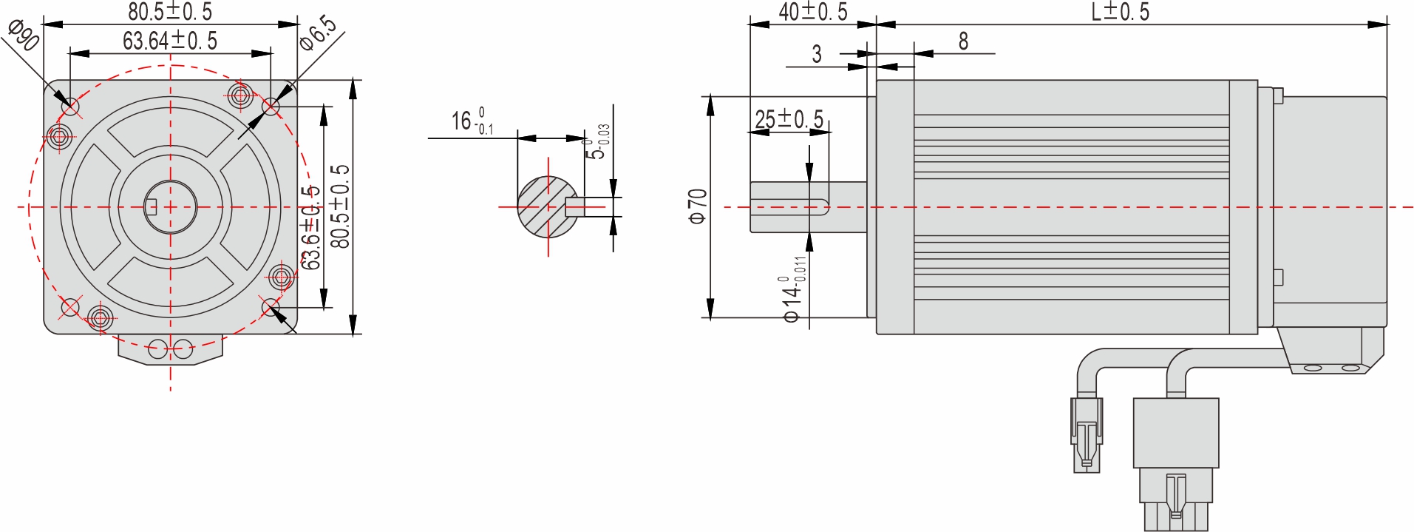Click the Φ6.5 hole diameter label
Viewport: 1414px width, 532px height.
(x=318, y=33)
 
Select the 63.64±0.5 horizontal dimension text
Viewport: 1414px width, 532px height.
(x=170, y=41)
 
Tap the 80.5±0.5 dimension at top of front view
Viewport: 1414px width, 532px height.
(x=170, y=11)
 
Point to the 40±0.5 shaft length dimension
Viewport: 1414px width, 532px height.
(x=812, y=11)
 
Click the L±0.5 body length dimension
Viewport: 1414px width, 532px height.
(x=1120, y=11)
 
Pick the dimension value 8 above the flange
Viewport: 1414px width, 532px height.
(x=963, y=41)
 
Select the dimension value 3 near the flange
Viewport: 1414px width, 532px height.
(x=817, y=54)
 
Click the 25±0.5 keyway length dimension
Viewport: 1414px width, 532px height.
(x=789, y=118)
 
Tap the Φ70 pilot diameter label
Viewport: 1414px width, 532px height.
(x=698, y=206)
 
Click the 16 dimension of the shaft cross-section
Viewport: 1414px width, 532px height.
(x=472, y=121)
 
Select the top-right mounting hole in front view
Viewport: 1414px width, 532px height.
(x=271, y=107)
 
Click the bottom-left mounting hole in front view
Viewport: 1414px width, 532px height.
(x=70, y=306)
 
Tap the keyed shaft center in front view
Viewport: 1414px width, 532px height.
(x=170, y=206)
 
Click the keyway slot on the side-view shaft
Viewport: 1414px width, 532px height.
(x=789, y=206)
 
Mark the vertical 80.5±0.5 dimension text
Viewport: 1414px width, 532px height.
(x=340, y=206)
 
